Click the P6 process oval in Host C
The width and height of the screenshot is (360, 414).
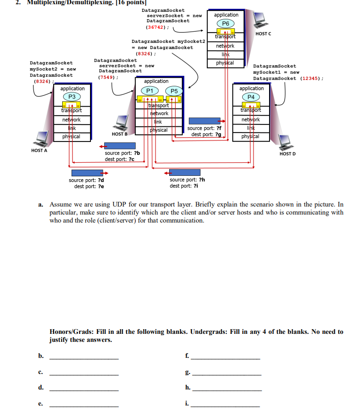click(x=226, y=24)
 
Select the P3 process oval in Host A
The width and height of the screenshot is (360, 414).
click(x=72, y=97)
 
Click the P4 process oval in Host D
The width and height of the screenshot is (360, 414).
click(x=251, y=97)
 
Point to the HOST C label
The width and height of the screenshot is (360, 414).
click(x=262, y=33)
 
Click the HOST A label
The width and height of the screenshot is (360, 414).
click(x=39, y=150)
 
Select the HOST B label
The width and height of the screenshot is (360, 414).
click(x=120, y=134)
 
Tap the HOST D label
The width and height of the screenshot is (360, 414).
click(x=287, y=154)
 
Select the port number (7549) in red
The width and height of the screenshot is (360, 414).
click(x=107, y=77)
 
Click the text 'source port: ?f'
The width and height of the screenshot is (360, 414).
click(x=204, y=128)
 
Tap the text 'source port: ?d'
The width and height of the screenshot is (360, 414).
click(x=86, y=180)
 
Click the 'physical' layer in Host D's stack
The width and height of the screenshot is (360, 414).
click(x=249, y=137)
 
